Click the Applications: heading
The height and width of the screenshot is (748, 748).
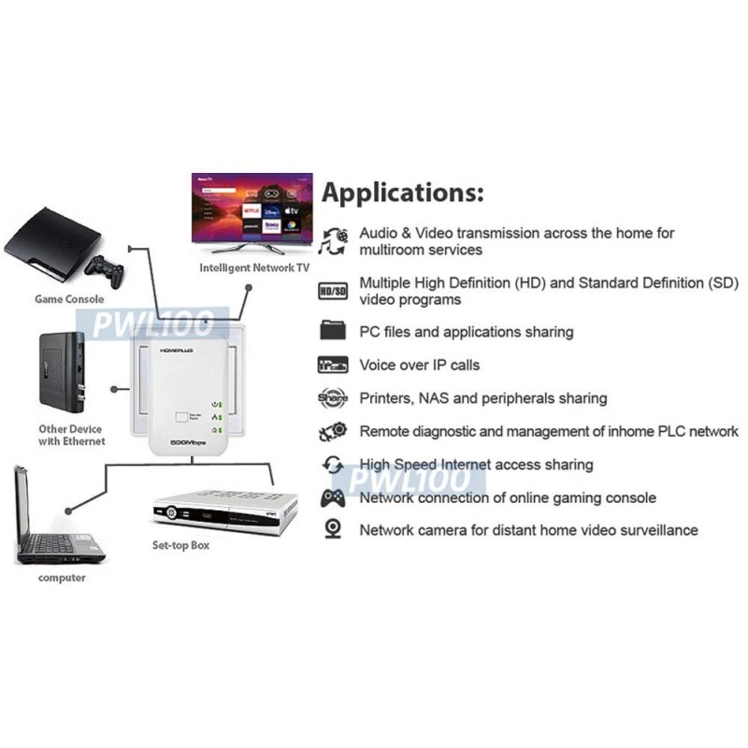403,194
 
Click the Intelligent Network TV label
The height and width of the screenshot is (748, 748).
253,268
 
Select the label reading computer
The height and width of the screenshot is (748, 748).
62,578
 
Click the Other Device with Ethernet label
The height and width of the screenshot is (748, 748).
72,435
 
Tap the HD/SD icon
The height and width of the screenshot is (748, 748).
333,291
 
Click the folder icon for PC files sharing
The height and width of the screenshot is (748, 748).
333,331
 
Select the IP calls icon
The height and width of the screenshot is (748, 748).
333,365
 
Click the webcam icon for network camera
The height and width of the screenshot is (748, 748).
333,530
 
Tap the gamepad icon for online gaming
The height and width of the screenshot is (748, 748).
333,497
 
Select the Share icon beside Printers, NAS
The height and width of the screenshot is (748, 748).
333,397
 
